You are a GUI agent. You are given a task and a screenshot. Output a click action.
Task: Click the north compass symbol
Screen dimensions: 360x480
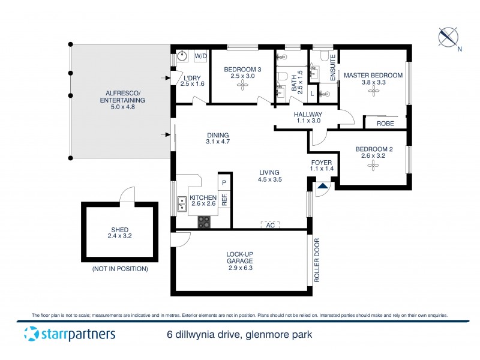pos(448,37)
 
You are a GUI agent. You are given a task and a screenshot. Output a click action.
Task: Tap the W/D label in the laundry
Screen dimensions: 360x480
pos(200,57)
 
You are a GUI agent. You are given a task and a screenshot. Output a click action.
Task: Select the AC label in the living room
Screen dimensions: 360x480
pos(270,224)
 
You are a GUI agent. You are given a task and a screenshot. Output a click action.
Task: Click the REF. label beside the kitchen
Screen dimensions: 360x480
pos(224,200)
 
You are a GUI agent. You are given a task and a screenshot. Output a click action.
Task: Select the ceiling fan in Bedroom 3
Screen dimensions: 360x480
pos(242,85)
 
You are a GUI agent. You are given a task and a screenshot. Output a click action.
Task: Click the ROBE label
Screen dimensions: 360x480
pos(385,124)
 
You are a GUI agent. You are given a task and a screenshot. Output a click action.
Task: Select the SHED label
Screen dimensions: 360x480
pos(119,229)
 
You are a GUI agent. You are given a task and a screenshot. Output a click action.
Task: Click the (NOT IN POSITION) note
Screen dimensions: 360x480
pos(120,269)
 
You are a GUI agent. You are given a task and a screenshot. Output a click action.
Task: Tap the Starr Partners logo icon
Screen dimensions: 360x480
pos(31,334)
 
